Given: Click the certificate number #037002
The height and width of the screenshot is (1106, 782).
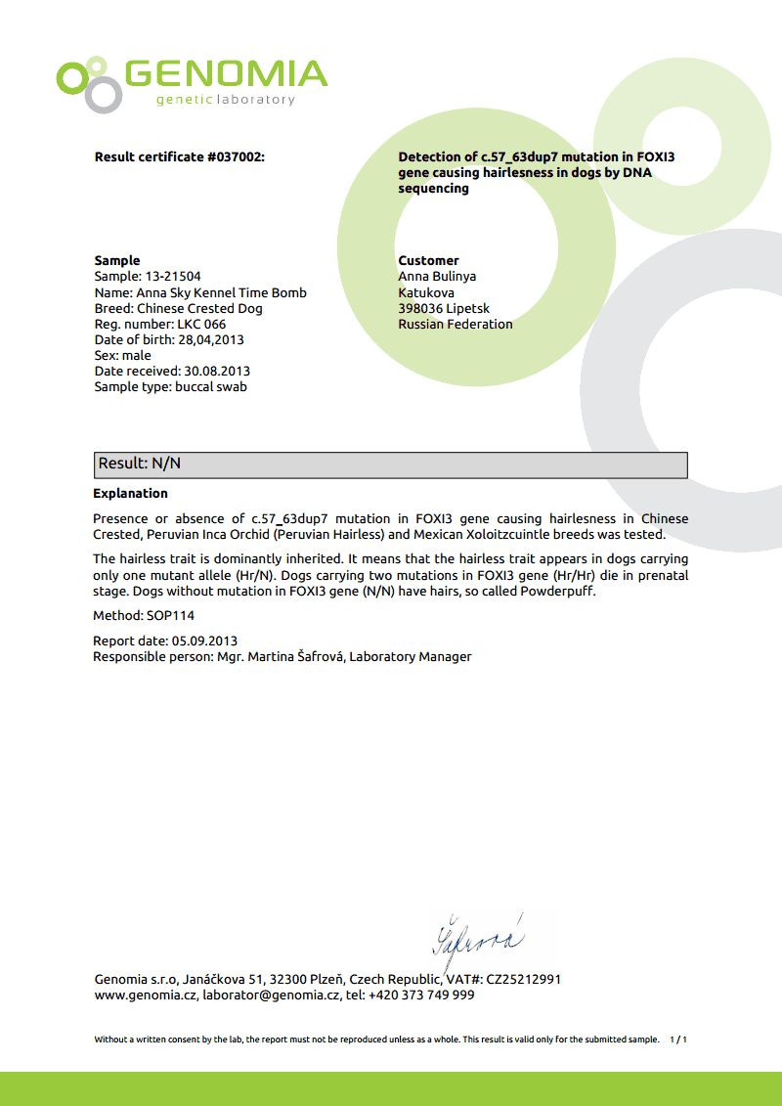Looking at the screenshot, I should point(235,156).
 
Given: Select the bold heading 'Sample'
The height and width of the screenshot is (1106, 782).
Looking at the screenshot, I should point(117,260).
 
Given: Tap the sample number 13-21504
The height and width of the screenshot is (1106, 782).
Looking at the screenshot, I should point(172,277).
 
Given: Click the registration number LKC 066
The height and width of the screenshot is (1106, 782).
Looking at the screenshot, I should point(201,324).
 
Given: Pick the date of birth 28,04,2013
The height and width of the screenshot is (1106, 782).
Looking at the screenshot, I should point(211,339).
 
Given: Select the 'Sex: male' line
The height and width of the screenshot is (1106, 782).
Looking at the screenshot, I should point(123,355).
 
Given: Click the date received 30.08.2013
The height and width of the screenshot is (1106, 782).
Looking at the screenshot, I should point(215,371).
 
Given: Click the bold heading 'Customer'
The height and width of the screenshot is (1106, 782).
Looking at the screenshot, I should point(428,260).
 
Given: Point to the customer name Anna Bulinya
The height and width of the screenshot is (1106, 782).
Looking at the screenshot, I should point(437,277).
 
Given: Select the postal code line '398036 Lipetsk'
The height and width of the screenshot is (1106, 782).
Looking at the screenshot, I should point(444,308).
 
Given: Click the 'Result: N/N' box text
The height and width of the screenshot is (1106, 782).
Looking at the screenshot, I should point(140,464).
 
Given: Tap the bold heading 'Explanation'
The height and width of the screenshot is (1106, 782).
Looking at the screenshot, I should point(130,493).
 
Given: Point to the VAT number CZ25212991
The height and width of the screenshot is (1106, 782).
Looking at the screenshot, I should point(523,979).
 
